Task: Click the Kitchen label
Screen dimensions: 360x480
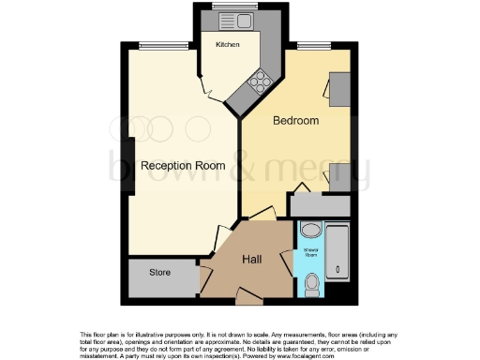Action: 228,45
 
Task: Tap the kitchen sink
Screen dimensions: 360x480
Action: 227,20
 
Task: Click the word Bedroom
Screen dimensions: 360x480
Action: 295,121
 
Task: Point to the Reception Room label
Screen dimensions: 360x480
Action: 183,166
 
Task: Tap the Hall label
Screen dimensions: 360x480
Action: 252,260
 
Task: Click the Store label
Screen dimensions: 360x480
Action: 161,273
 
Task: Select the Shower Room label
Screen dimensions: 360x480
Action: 309,251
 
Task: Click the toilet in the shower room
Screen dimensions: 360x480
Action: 311,280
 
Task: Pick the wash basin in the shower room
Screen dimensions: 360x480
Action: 310,231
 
